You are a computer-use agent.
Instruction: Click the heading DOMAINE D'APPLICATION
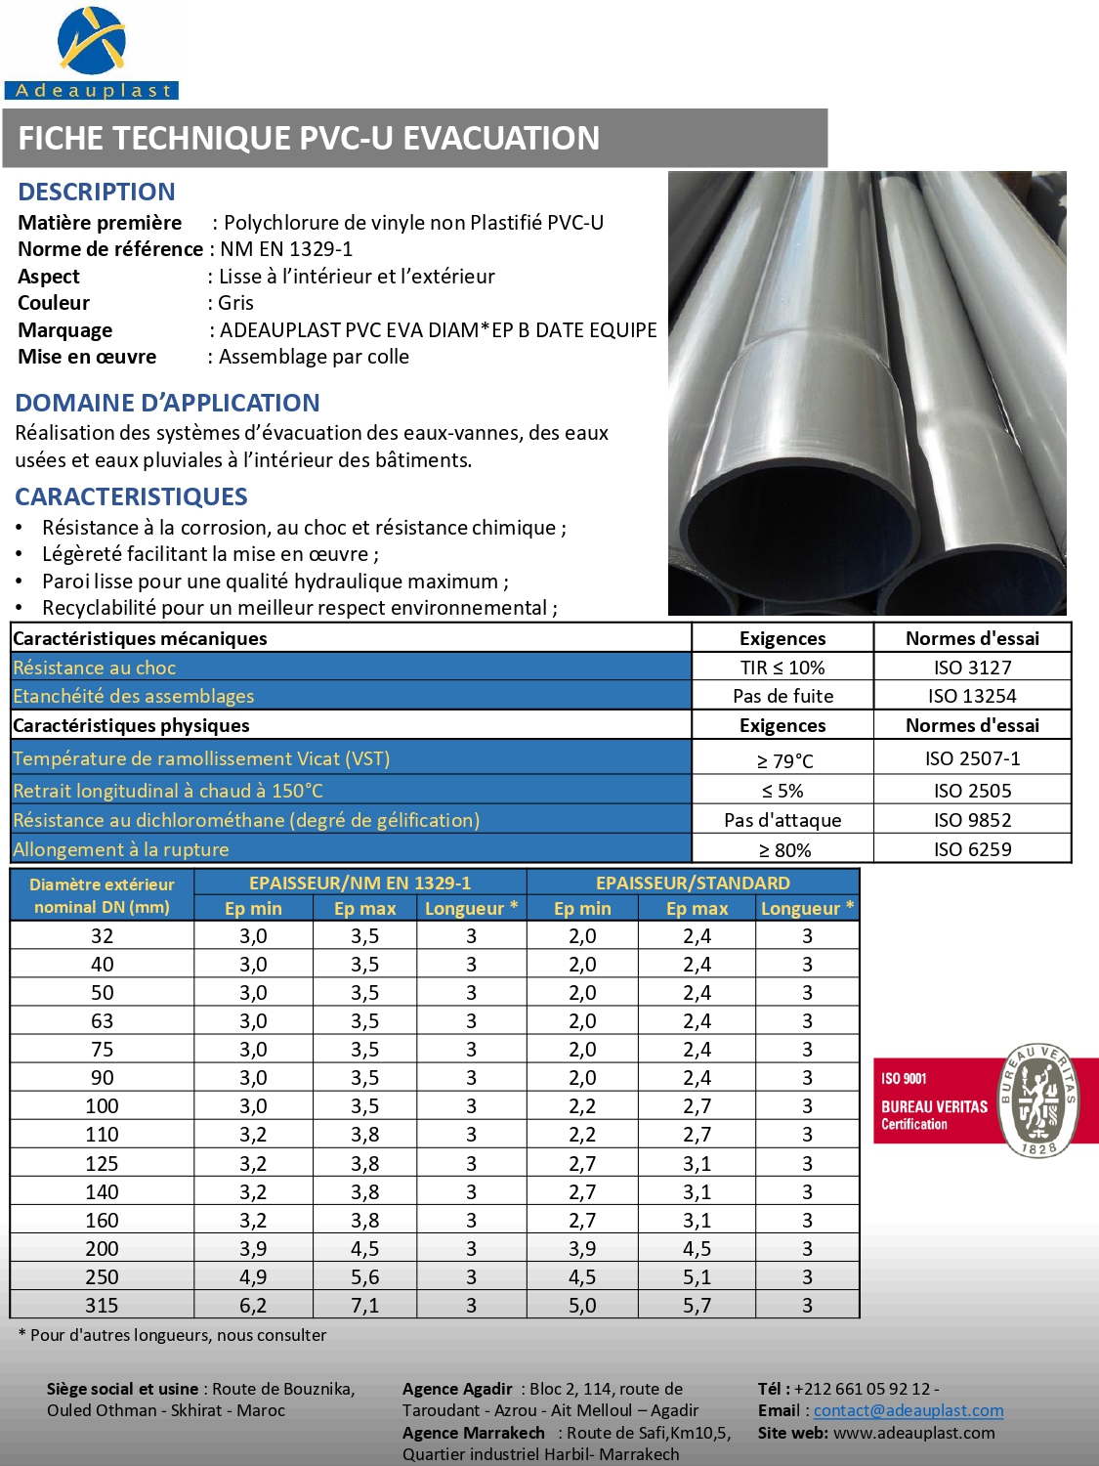(x=167, y=403)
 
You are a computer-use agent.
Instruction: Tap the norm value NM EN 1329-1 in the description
(x=286, y=249)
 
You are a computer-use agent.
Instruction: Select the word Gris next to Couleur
(x=235, y=303)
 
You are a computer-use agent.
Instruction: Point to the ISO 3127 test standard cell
(x=972, y=668)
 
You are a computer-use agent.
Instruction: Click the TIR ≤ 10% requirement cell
(x=782, y=668)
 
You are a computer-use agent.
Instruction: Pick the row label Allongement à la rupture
(x=121, y=849)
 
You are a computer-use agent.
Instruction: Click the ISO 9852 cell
(x=972, y=820)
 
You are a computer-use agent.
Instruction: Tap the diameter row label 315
(x=102, y=1306)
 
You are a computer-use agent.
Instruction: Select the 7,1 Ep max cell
(x=364, y=1306)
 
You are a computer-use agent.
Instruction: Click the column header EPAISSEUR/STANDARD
(x=693, y=883)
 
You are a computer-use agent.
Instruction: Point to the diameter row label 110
(x=102, y=1135)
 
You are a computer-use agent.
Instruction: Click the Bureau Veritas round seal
(x=1036, y=1100)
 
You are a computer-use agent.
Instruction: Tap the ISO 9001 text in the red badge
(x=904, y=1078)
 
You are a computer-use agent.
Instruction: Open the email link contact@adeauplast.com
(x=909, y=1410)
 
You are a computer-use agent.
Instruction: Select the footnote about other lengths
(x=173, y=1335)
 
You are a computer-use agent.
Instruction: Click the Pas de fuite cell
(x=782, y=696)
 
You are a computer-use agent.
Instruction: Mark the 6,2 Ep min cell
(x=253, y=1306)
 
